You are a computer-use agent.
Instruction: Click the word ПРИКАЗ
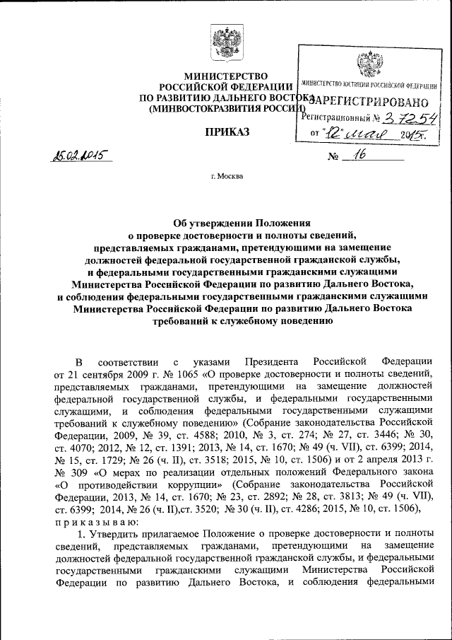pyautogui.click(x=226, y=132)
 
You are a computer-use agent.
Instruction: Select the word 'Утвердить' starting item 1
pyautogui.click(x=117, y=534)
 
